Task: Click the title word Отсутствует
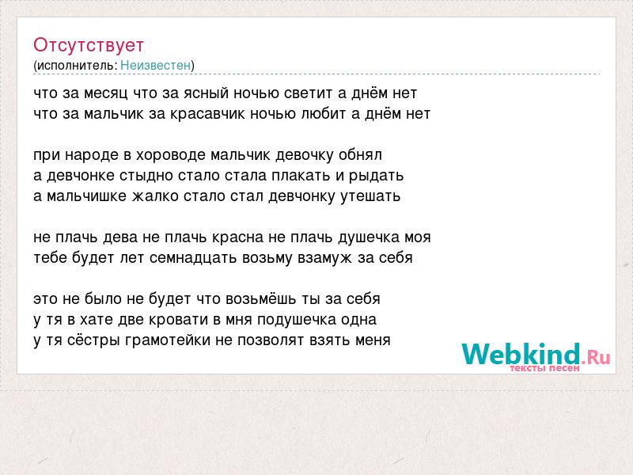coord(89,45)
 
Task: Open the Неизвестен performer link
coord(155,66)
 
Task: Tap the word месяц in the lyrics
coord(106,93)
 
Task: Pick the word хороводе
coord(170,155)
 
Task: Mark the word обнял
coord(360,154)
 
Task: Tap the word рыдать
coord(377,176)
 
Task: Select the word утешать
coord(370,196)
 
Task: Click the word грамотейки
coord(168,340)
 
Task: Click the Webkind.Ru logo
coord(536,355)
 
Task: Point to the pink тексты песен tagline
coord(544,368)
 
